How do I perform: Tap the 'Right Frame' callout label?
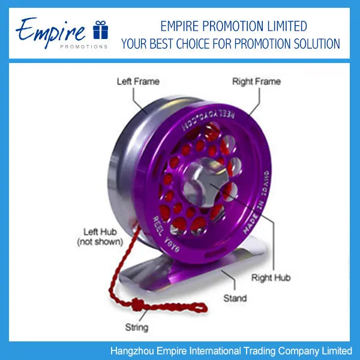tap(257, 81)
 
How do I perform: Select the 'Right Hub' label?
tap(271, 278)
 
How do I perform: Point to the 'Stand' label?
tap(235, 298)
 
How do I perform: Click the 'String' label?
tap(136, 328)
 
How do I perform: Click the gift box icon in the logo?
tap(100, 29)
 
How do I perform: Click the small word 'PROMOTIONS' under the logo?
tap(84, 46)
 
